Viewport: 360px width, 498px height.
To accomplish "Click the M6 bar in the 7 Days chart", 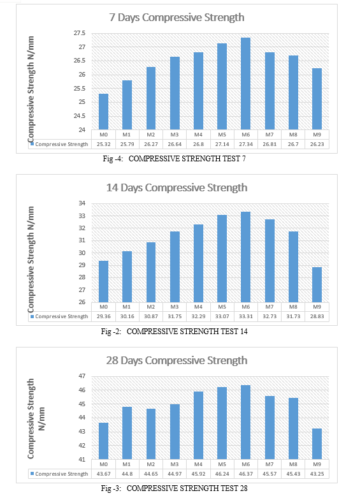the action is click(x=246, y=84).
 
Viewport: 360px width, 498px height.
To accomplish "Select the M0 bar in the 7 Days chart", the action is click(x=103, y=112).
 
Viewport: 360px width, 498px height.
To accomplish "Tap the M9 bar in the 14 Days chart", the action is click(x=317, y=285).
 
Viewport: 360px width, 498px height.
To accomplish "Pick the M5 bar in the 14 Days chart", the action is click(x=222, y=259).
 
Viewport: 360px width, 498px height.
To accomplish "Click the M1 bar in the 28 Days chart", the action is click(x=127, y=433).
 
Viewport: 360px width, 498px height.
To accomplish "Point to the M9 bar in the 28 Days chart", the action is click(x=317, y=444).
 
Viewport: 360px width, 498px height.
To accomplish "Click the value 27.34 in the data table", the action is click(x=246, y=144).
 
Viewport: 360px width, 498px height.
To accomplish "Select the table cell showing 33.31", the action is click(x=246, y=316).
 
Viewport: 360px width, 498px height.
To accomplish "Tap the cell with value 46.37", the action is click(x=246, y=474).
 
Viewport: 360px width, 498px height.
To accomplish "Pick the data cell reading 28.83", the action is click(x=317, y=316).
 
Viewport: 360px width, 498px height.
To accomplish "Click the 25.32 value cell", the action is click(x=103, y=144).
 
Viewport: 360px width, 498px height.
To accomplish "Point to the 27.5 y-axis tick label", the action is click(x=80, y=33).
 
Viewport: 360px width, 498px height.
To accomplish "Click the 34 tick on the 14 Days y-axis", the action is click(x=82, y=203).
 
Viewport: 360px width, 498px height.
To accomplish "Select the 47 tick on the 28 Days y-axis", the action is click(x=82, y=376).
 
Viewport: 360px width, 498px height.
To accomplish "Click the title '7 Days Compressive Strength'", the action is click(x=177, y=17).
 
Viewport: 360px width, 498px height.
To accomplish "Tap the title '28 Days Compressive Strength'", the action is click(x=177, y=361).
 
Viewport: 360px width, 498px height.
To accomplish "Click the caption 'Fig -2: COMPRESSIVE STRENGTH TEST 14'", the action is click(x=175, y=332).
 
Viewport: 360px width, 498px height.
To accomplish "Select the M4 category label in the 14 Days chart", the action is click(x=198, y=307).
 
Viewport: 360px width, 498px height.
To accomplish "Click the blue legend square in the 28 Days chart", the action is click(x=32, y=474).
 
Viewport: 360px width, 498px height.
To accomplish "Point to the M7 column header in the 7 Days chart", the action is click(x=270, y=135).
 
